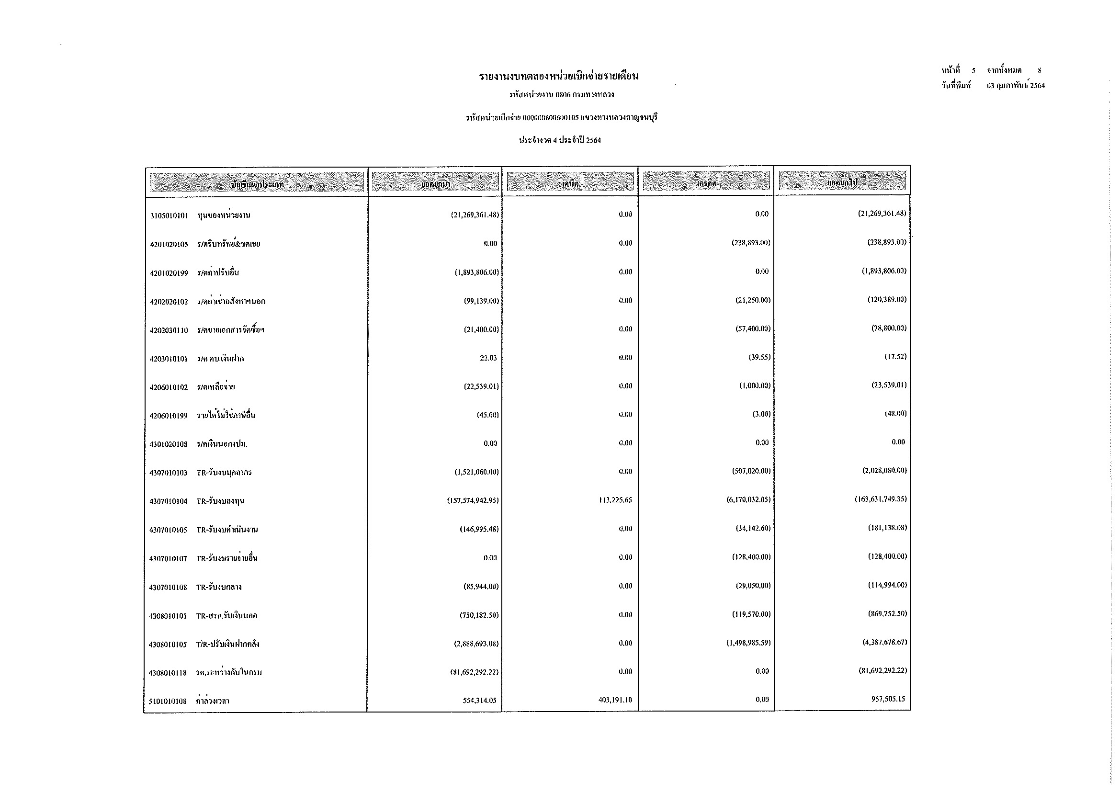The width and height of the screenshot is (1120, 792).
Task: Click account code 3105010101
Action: pyautogui.click(x=169, y=215)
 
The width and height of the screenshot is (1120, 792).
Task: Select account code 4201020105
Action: pyautogui.click(x=169, y=244)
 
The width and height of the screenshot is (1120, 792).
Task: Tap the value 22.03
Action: pyautogui.click(x=488, y=358)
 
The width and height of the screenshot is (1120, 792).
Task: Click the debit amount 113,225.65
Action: pyautogui.click(x=615, y=500)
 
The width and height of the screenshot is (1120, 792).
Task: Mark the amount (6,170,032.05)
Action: pyautogui.click(x=748, y=500)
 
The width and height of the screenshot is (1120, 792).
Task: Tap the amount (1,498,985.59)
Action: pyautogui.click(x=748, y=643)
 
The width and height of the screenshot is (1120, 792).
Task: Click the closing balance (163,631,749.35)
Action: pyautogui.click(x=881, y=499)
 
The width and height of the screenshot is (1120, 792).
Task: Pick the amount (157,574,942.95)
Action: pyautogui.click(x=473, y=500)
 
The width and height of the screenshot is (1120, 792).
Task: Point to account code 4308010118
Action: pyautogui.click(x=168, y=673)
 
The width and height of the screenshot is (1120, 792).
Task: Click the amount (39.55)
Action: pyautogui.click(x=759, y=358)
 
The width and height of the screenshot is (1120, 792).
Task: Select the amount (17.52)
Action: pyautogui.click(x=895, y=357)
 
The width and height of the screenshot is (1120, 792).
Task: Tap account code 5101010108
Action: pyautogui.click(x=168, y=701)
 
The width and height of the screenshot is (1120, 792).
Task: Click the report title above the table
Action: pyautogui.click(x=558, y=76)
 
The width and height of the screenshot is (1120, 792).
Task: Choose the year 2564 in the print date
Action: pyautogui.click(x=1037, y=86)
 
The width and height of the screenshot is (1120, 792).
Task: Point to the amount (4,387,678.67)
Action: pyautogui.click(x=884, y=642)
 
